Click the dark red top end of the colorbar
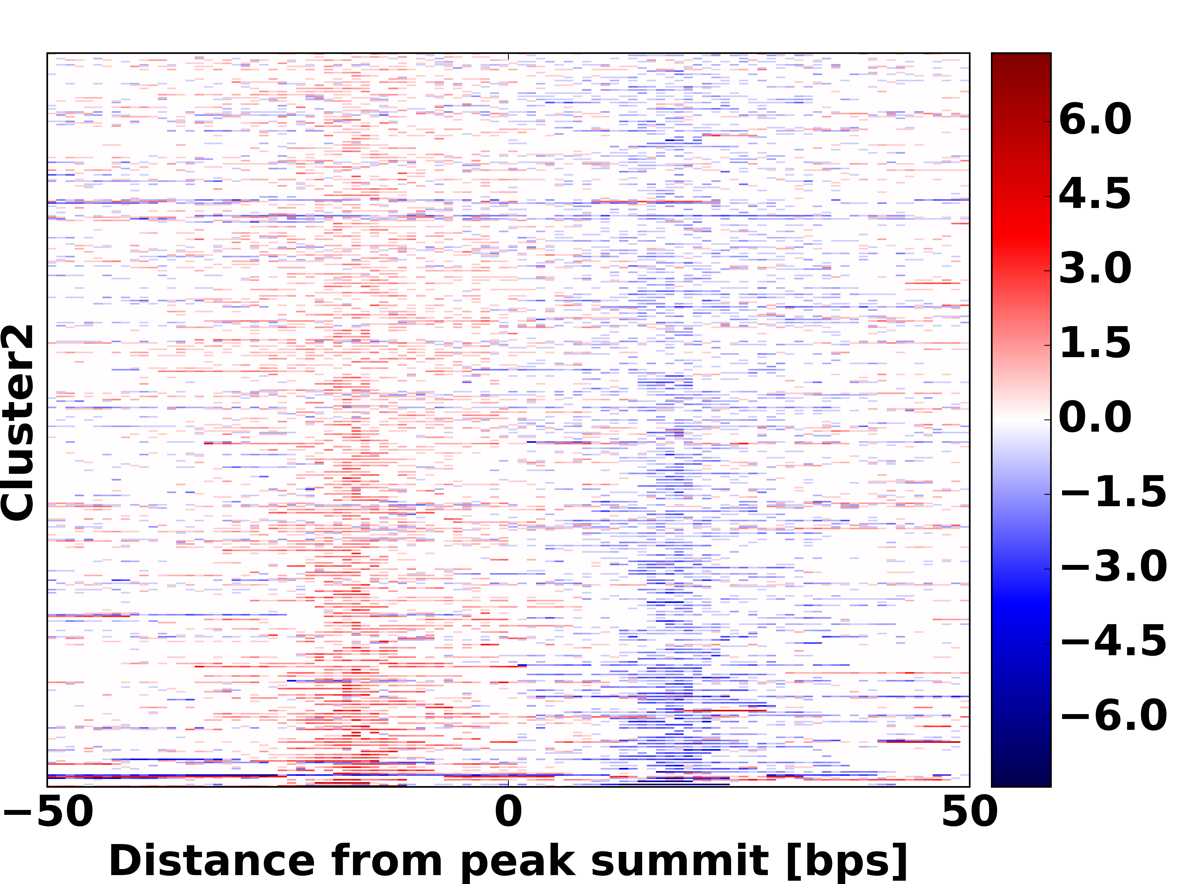point(1021,59)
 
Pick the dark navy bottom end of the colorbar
point(1021,781)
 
